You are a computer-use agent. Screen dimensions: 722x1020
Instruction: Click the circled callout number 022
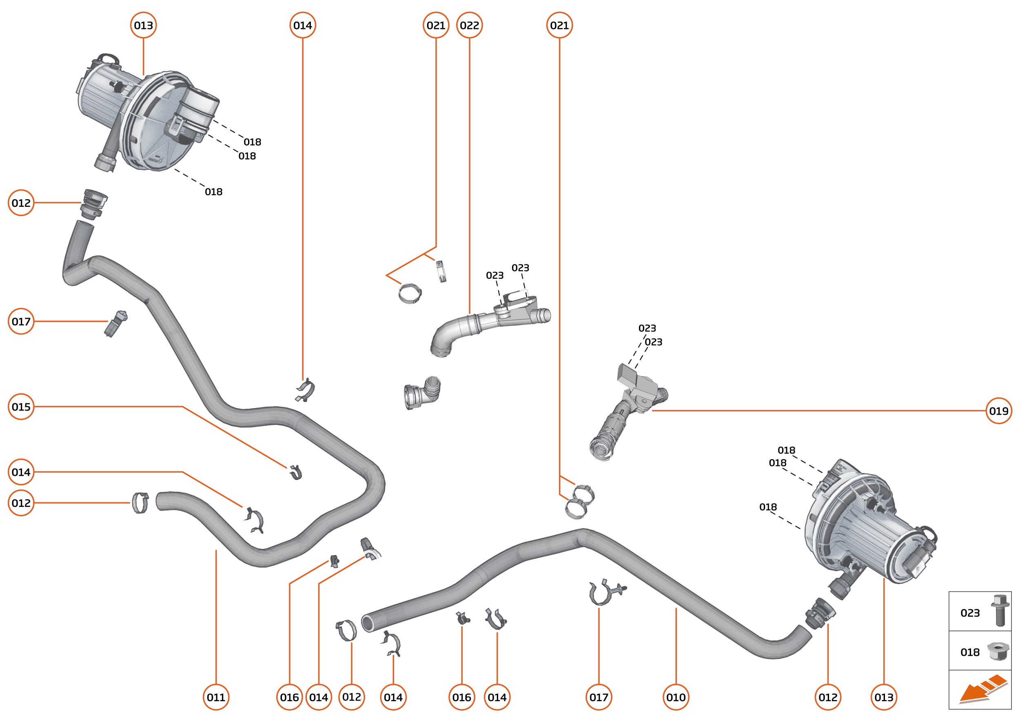click(469, 25)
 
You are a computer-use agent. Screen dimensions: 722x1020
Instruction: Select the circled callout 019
click(998, 411)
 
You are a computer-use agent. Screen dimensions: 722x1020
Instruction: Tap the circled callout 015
click(21, 407)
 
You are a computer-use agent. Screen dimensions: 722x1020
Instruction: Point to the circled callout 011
click(216, 697)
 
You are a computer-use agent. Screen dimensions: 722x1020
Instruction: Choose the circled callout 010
click(676, 697)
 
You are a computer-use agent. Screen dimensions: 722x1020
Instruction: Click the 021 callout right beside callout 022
click(436, 25)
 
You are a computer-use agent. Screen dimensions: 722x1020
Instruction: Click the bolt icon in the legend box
click(1000, 611)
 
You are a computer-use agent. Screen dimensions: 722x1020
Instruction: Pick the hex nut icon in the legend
click(998, 651)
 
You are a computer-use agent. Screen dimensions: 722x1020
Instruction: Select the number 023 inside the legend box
click(970, 613)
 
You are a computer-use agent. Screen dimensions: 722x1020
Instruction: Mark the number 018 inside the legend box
click(970, 652)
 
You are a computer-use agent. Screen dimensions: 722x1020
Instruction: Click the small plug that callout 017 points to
click(115, 324)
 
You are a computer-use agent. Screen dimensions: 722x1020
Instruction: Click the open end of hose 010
click(367, 623)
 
